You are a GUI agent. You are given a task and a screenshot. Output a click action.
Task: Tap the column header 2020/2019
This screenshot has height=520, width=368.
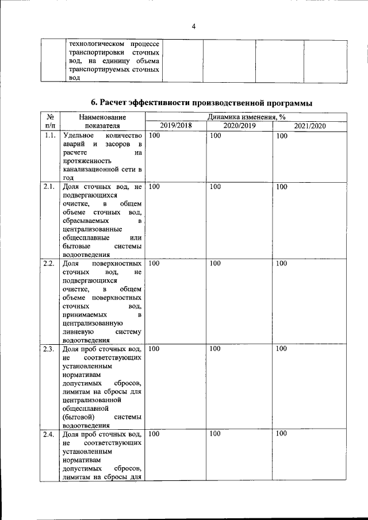point(239,125)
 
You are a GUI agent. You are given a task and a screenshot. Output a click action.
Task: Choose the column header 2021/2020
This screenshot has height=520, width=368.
point(309,125)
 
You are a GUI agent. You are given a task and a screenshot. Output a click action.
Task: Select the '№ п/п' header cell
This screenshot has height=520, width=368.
point(49,121)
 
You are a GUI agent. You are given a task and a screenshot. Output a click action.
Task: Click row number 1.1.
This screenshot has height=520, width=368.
point(49,136)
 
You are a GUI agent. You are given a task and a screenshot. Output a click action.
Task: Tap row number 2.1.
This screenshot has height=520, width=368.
point(49,187)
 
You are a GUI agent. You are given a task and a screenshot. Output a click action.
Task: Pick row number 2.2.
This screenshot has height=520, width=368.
point(49,263)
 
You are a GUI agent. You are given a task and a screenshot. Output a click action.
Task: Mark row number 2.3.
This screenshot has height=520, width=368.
point(49,349)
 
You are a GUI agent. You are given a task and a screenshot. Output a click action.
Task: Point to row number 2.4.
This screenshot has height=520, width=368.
point(49,434)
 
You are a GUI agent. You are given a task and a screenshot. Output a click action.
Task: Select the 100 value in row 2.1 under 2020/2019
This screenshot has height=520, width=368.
point(215,187)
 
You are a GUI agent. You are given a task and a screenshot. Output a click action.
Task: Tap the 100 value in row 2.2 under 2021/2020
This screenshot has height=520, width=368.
point(281,263)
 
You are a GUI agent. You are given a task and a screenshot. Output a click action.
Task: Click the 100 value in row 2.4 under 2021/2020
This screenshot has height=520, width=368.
point(281,434)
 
